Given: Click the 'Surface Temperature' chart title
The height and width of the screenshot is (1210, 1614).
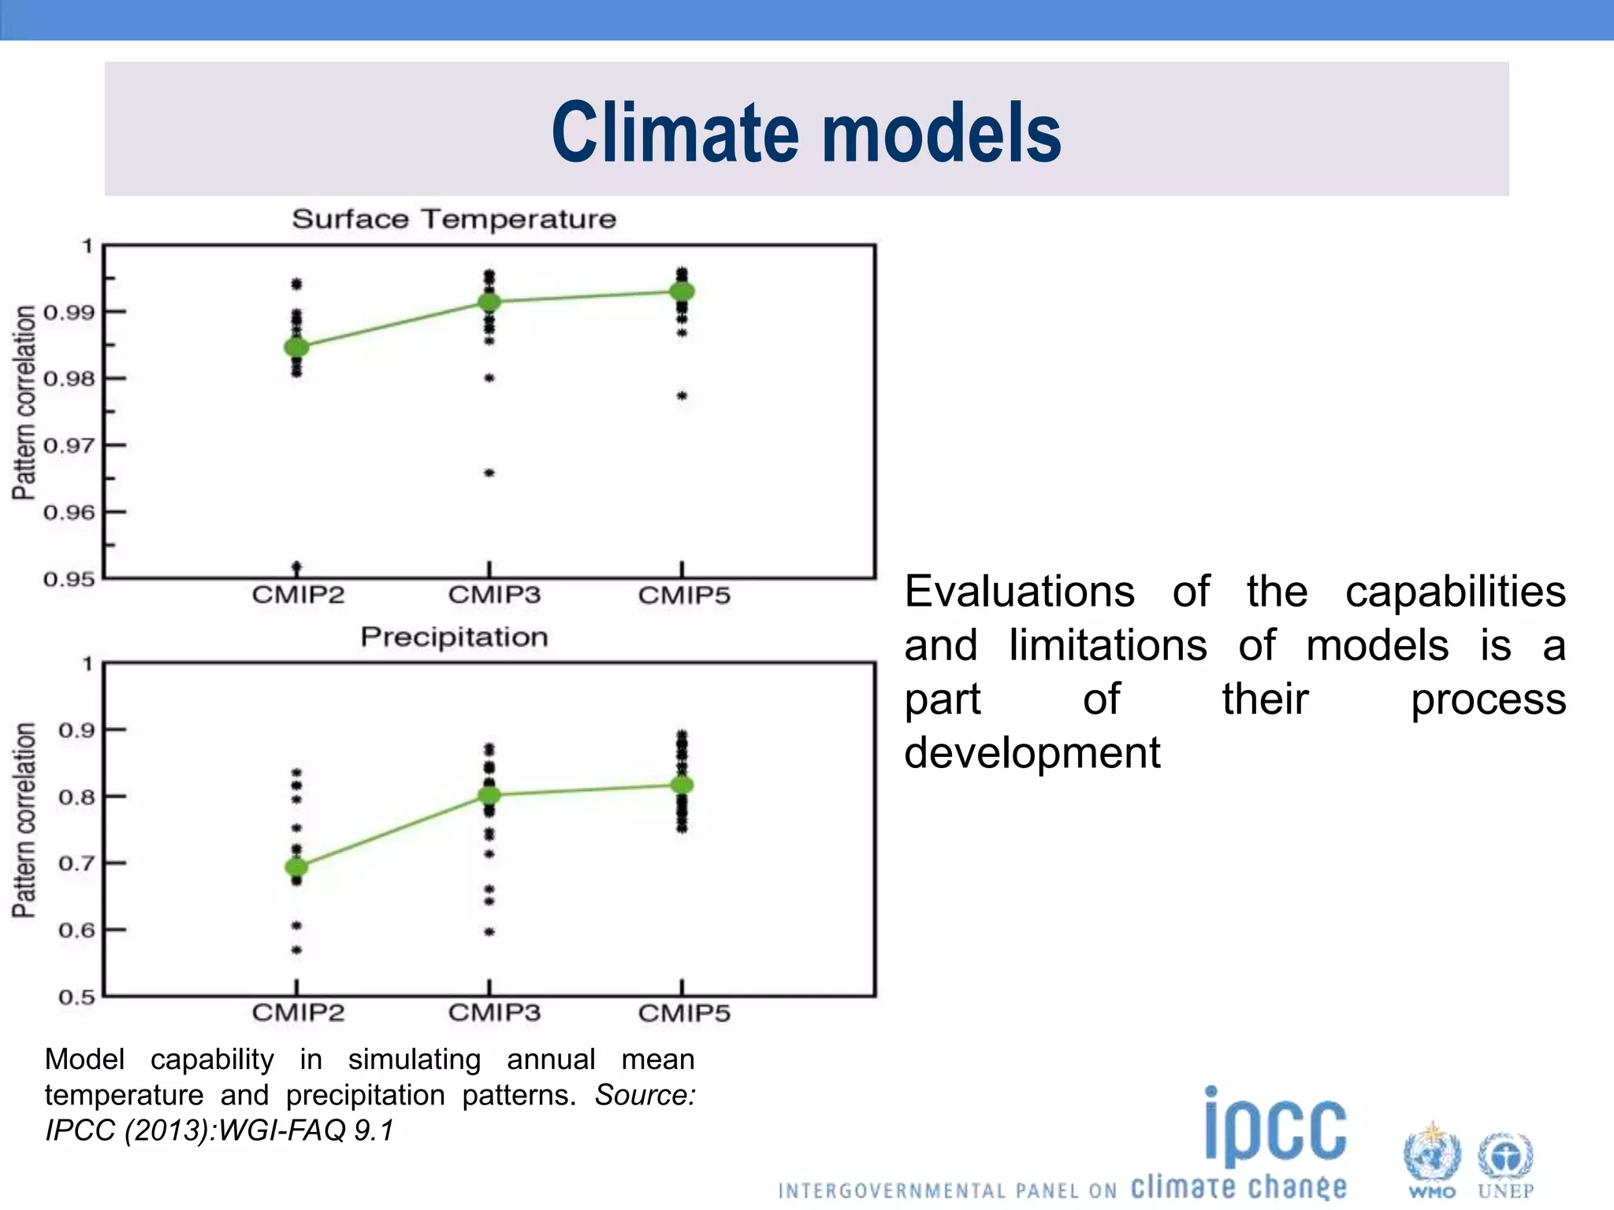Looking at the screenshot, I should [x=454, y=219].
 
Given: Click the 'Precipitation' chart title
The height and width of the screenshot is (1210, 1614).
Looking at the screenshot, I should [x=454, y=637].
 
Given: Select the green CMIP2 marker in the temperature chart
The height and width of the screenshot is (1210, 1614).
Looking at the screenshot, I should [x=296, y=347].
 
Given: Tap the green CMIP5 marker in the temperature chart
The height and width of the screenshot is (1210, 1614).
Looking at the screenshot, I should [x=682, y=291].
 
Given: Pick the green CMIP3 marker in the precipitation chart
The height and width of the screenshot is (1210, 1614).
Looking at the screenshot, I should [x=489, y=795].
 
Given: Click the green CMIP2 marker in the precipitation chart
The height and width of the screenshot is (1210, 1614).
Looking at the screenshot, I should [x=296, y=867].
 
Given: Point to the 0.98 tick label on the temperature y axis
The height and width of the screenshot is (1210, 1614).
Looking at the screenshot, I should [x=69, y=379].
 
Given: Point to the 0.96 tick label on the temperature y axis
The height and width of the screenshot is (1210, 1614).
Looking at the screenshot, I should [x=69, y=513].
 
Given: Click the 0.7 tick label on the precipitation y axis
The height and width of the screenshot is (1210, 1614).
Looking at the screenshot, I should [x=76, y=863].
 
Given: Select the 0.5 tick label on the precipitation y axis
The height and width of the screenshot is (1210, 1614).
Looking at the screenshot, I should [x=76, y=997].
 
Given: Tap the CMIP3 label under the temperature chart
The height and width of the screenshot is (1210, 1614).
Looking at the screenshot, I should [x=494, y=595].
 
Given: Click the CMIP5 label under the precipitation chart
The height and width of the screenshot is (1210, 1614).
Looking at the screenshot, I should [x=684, y=1013].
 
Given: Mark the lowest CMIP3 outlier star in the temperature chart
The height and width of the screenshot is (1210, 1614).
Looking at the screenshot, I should [x=489, y=473].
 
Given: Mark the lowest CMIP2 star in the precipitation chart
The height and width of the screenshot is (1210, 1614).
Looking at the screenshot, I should [x=296, y=950].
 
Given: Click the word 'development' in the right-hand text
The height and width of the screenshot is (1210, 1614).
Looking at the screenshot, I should [x=1032, y=753].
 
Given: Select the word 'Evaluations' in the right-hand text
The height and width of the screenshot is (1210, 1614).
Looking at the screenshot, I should [x=1019, y=592].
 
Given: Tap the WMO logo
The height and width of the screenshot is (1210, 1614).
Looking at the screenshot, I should [x=1432, y=1161].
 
